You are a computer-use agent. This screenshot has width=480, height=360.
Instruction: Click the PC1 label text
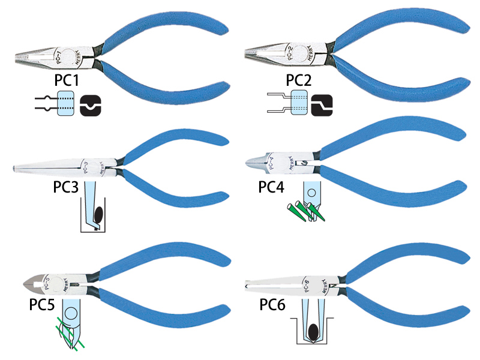click(x=67, y=80)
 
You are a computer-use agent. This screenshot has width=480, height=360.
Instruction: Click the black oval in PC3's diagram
click(x=98, y=213)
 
